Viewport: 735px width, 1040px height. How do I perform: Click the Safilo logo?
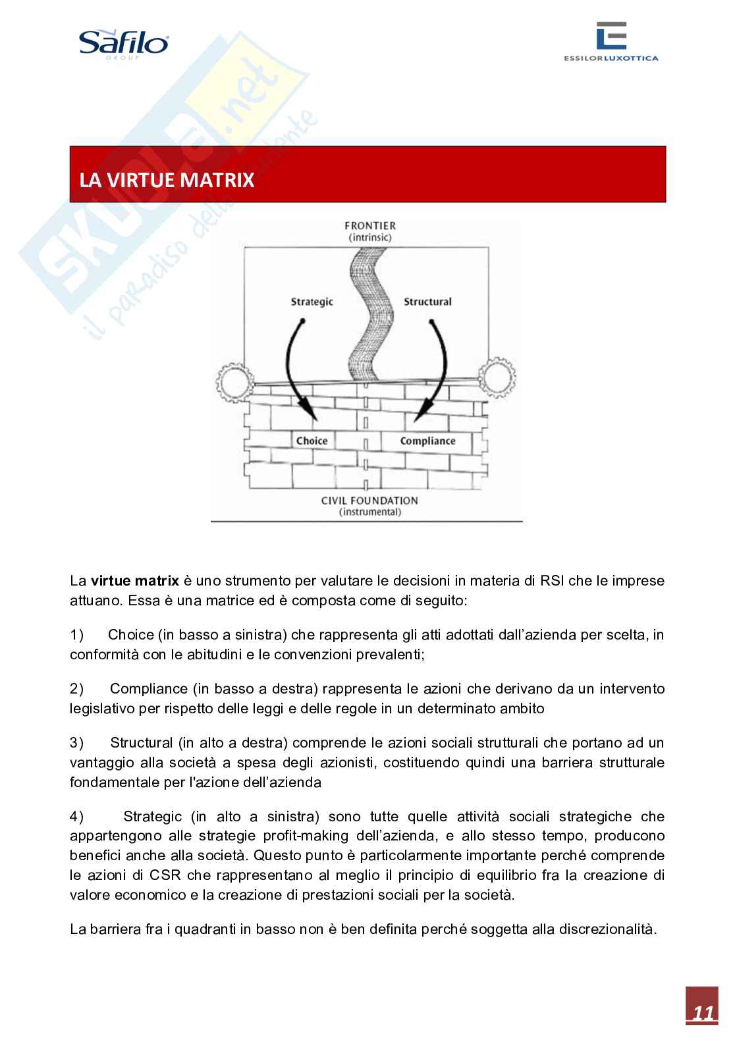(124, 45)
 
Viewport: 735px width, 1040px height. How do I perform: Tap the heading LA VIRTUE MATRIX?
(167, 180)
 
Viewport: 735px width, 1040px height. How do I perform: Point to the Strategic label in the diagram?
(312, 302)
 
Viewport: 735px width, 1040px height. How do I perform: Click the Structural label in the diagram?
(427, 302)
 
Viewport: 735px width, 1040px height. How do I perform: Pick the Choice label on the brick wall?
(312, 441)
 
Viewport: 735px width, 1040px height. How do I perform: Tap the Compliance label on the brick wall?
(427, 441)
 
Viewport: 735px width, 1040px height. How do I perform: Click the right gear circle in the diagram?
(497, 377)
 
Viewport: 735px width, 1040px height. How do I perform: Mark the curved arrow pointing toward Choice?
(295, 369)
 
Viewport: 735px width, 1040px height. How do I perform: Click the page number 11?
(701, 1013)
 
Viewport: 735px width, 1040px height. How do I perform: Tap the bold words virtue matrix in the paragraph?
(135, 581)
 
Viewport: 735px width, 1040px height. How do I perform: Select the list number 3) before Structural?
(77, 743)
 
